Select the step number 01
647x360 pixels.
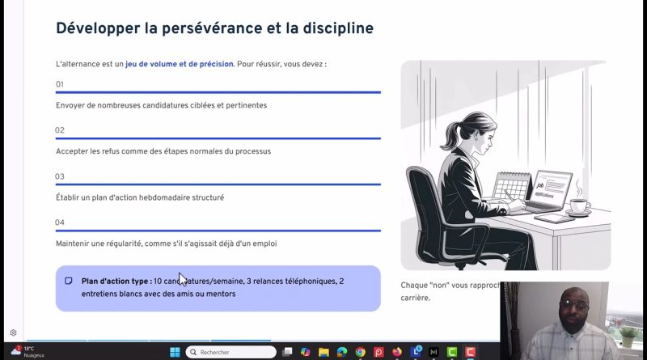point(60,84)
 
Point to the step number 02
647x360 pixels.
point(60,130)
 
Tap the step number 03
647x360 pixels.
point(60,176)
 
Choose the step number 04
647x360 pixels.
point(60,222)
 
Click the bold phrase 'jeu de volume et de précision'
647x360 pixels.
point(179,63)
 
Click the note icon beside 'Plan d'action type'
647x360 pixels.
point(69,281)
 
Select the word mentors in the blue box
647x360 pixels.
point(219,294)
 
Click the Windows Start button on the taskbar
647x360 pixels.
point(175,352)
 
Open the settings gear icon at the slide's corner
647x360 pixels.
point(13,332)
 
